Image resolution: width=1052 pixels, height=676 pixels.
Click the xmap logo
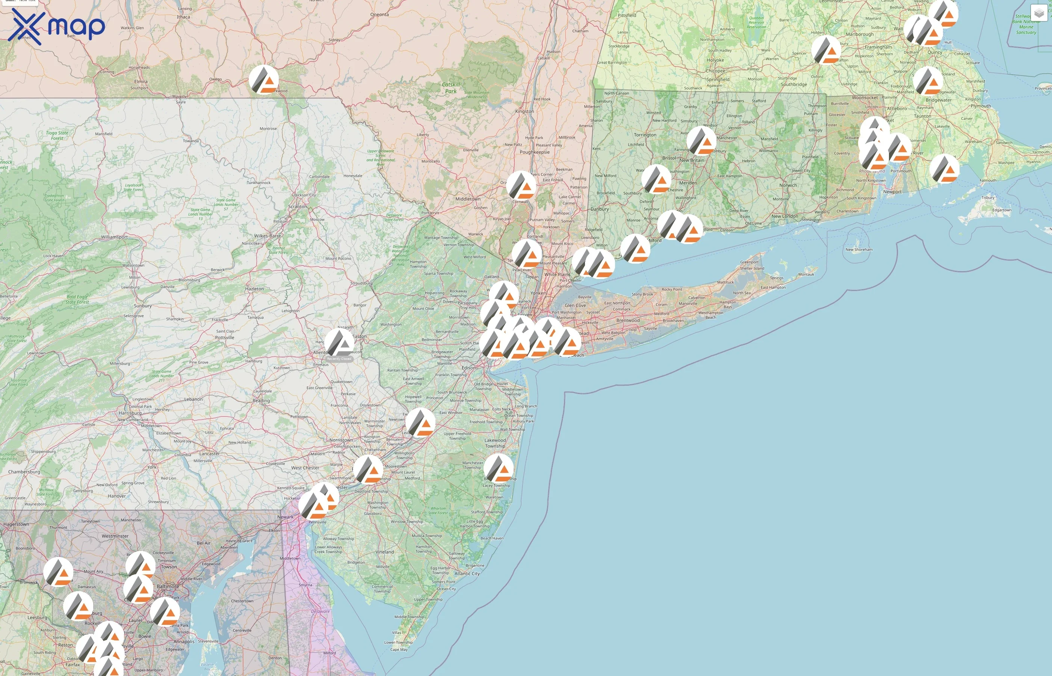56,26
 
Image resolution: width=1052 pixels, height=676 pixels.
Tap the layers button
1038,13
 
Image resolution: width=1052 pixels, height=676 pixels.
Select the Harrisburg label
130,413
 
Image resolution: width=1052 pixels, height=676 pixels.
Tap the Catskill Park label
450,88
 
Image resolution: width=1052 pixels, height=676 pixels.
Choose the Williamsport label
114,237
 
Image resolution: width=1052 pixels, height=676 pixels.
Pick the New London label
784,216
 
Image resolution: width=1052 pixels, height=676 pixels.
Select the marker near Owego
263,80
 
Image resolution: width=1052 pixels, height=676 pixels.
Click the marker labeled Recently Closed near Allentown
339,343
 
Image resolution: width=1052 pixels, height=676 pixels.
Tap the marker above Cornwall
521,185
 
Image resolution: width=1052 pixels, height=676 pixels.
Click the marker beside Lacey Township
498,468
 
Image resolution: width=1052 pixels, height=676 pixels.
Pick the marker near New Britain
701,141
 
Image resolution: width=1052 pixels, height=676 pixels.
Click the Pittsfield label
627,15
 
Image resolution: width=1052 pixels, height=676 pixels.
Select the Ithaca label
183,17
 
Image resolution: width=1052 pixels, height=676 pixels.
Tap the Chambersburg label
24,472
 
